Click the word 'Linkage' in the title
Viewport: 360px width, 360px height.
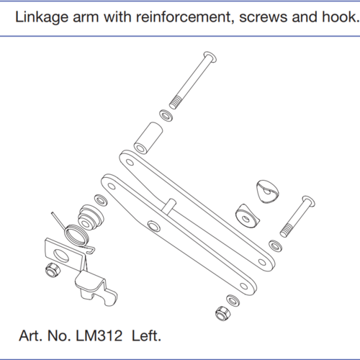pos(42,17)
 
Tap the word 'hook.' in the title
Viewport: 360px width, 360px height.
pos(341,17)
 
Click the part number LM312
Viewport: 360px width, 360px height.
pos(99,336)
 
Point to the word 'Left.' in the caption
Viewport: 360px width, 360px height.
pos(146,336)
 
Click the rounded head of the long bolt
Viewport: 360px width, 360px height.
pos(210,57)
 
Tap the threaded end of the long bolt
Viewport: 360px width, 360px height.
pos(175,102)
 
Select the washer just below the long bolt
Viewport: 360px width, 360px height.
pos(166,116)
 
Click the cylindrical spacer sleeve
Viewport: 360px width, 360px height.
pos(148,138)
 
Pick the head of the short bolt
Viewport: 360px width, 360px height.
pos(309,201)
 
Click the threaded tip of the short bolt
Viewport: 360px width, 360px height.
pos(287,230)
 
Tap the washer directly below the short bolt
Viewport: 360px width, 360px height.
pos(275,246)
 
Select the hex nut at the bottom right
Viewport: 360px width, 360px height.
pos(223,313)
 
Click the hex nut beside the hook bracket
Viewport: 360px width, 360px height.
pos(53,270)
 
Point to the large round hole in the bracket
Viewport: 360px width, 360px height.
pos(61,256)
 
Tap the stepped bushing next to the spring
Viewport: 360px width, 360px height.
pos(91,217)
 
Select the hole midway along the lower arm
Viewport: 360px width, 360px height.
pos(154,226)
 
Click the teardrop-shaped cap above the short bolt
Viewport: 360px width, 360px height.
pos(267,192)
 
